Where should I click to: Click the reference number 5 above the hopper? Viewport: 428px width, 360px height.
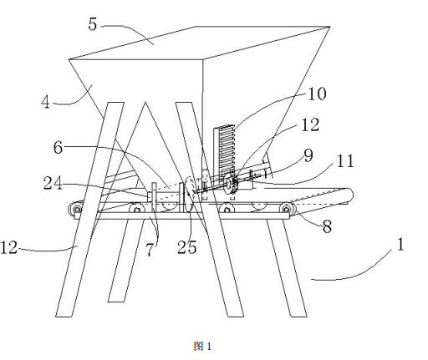(x=93, y=24)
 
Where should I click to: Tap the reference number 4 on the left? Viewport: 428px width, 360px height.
(x=45, y=102)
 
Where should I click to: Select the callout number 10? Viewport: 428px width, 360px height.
(x=317, y=94)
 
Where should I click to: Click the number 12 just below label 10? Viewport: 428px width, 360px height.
(x=310, y=124)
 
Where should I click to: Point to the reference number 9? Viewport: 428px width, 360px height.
(x=308, y=155)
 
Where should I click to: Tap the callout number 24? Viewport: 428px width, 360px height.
(x=53, y=184)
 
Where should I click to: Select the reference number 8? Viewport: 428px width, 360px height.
(x=327, y=226)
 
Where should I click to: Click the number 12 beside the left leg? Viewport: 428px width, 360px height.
(x=9, y=247)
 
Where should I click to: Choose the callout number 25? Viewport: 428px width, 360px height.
(x=186, y=247)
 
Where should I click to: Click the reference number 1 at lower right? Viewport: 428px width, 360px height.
(x=400, y=245)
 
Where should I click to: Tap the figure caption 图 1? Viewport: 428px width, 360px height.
(x=202, y=347)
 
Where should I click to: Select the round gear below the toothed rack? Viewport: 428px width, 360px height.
(x=231, y=184)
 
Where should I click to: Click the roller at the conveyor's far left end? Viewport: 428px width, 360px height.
(x=75, y=209)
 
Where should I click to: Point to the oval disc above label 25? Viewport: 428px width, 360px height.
(x=190, y=194)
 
